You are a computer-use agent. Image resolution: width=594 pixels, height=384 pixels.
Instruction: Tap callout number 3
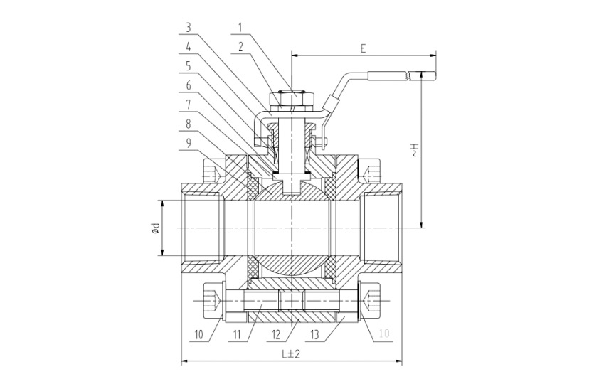point(189,27)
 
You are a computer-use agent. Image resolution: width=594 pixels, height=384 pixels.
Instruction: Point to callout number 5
point(189,67)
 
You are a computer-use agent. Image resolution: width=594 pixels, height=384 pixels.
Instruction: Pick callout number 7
point(189,105)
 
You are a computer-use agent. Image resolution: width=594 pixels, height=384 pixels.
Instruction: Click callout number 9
point(189,144)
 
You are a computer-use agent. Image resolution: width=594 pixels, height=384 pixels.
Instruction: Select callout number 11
point(238,335)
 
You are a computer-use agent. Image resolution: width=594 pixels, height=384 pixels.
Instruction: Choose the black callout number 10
point(199,335)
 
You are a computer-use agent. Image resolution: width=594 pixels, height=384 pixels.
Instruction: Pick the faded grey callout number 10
point(384,334)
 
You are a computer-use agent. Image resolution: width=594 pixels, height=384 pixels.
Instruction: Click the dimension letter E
point(363,48)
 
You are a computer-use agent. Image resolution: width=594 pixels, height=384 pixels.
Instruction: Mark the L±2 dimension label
point(291,354)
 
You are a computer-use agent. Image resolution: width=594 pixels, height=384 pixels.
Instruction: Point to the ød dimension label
point(155,228)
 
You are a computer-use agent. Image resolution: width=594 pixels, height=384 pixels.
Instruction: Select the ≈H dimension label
point(415,149)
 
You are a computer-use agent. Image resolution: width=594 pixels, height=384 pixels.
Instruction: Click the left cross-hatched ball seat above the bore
point(253,187)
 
